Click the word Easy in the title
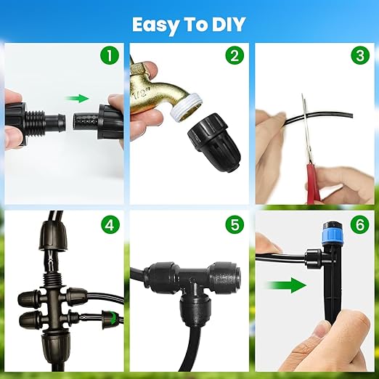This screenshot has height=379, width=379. pos(156,24)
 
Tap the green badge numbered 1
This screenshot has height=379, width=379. pos(109,56)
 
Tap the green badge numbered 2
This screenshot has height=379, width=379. pos(234,56)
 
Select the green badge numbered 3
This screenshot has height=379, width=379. pos(359,56)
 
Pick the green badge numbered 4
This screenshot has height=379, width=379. pos(109,224)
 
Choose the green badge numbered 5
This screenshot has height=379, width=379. pos(234,224)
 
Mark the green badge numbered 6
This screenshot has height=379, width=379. pos(359,224)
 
